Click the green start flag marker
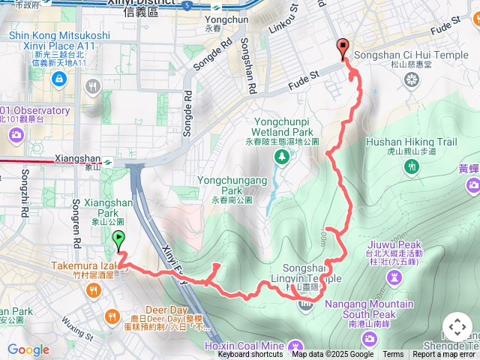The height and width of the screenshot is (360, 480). pos(118,241)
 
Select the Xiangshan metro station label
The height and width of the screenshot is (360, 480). pos(78,160)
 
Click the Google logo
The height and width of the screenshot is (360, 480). pos(28,350)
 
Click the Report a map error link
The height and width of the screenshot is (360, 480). pos(445,355)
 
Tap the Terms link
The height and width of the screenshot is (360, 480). pos(393,355)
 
